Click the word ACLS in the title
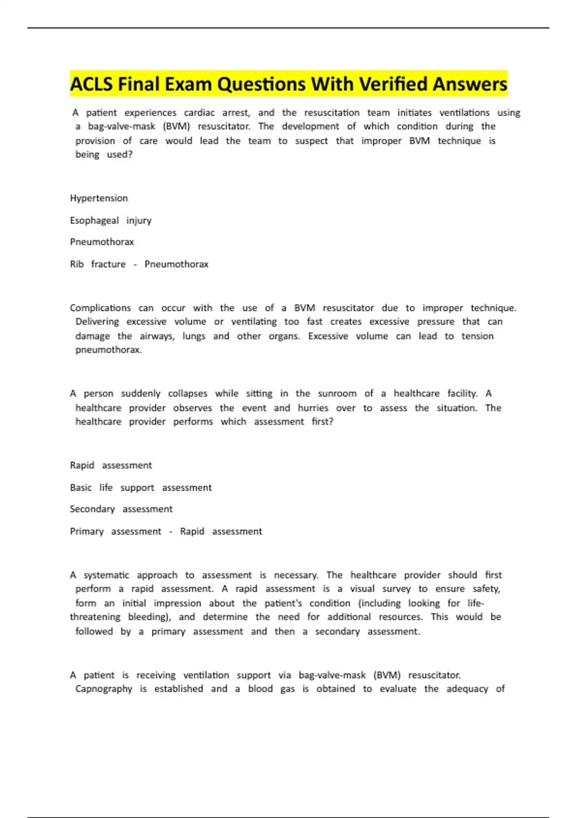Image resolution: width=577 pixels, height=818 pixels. [x=92, y=84]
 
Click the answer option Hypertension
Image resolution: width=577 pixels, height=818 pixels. [x=99, y=198]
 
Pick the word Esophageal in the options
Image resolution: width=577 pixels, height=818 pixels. [x=94, y=220]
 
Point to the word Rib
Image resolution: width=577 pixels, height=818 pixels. [x=76, y=264]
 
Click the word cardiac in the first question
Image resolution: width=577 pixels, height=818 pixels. [x=199, y=113]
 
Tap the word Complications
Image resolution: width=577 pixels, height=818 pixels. [x=100, y=308]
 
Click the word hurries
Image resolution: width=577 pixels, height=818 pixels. [x=313, y=408]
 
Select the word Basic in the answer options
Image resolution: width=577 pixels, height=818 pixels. [x=81, y=487]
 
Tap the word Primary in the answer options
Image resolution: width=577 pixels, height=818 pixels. [x=87, y=531]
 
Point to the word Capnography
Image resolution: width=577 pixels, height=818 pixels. [x=103, y=689]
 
